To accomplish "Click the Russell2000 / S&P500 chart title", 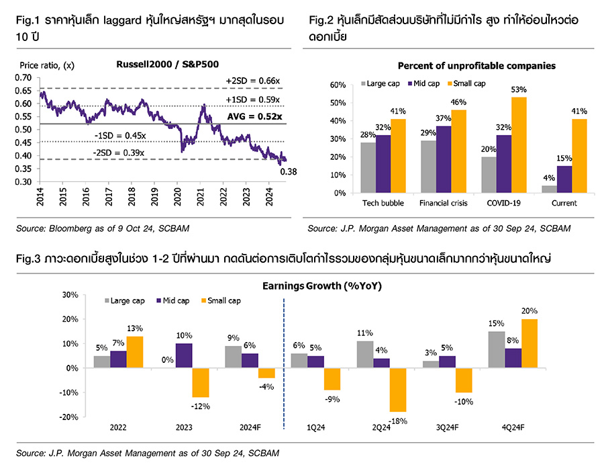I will pos(158,65).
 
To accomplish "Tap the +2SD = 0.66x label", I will pos(252,81).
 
